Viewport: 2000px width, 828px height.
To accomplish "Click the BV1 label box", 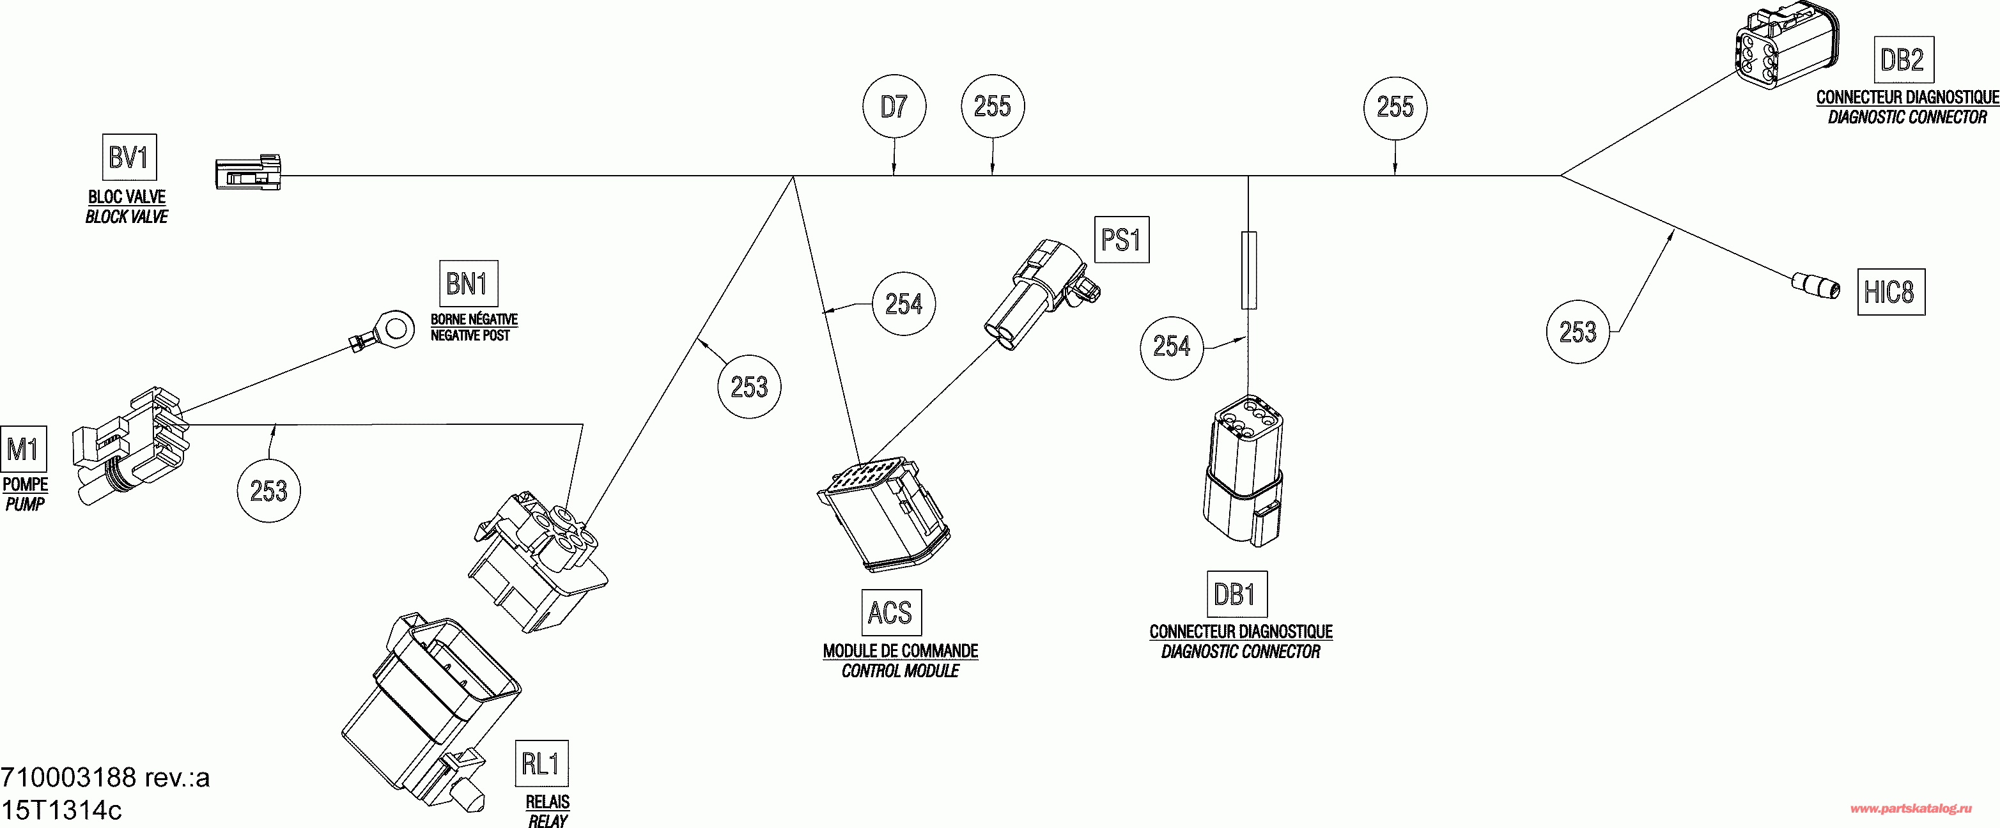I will (x=129, y=158).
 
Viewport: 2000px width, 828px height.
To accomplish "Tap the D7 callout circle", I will (x=894, y=106).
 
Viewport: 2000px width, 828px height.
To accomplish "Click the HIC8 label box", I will (x=1891, y=292).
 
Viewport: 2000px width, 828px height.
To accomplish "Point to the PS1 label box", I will (x=1121, y=239).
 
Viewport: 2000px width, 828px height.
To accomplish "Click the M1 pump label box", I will (x=23, y=448).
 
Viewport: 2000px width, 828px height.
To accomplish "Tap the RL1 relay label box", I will (x=541, y=763).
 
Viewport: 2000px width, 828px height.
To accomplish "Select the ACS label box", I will (x=890, y=612).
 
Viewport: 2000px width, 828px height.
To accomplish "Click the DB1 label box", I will (x=1236, y=594).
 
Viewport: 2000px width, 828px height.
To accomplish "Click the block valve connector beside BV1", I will (x=247, y=173).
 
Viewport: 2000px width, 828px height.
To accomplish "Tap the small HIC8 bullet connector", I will (x=1816, y=286).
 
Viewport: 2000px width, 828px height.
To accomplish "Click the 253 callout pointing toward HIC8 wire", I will (x=1578, y=332).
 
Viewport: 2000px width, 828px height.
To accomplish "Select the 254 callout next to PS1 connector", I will (x=904, y=303).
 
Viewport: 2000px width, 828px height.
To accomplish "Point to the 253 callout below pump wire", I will (x=268, y=491).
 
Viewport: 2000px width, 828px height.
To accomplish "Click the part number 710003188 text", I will (x=105, y=777).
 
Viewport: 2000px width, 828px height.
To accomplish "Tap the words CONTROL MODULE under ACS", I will (x=900, y=670).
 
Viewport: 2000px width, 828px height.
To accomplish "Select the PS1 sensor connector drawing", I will (x=1044, y=295).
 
